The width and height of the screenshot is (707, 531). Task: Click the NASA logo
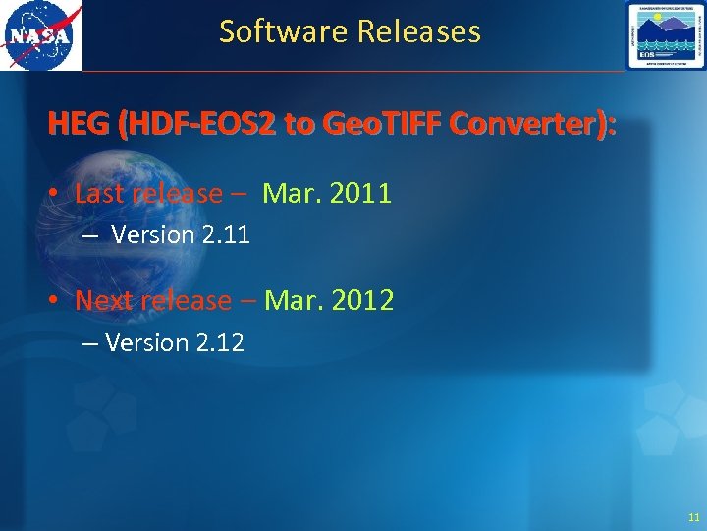pyautogui.click(x=41, y=36)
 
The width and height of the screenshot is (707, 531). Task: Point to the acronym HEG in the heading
pyautogui.click(x=79, y=125)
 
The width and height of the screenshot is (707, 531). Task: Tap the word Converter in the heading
pyautogui.click(x=525, y=125)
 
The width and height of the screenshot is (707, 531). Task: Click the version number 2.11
pyautogui.click(x=227, y=235)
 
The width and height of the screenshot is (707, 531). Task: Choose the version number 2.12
pyautogui.click(x=221, y=343)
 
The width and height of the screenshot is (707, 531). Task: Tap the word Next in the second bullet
pyautogui.click(x=104, y=300)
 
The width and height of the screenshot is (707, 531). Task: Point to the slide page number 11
pyautogui.click(x=694, y=517)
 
